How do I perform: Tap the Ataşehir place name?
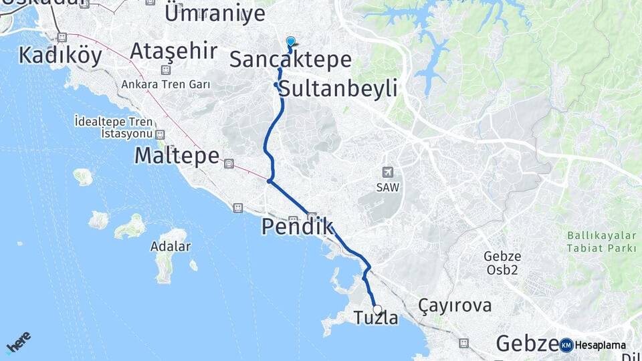(x=174, y=50)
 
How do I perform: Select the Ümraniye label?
(x=215, y=13)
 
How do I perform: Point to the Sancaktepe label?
(x=290, y=59)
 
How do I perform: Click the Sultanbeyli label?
(x=338, y=88)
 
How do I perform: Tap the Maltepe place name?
(x=177, y=156)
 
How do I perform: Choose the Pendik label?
(x=297, y=227)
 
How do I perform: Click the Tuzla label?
(x=377, y=319)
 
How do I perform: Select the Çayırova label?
(x=455, y=306)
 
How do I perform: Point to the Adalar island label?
(x=171, y=246)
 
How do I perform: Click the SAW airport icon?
(x=387, y=172)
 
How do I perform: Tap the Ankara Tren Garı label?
(x=166, y=85)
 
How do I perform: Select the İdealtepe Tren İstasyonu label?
(x=114, y=127)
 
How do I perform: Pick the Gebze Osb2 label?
(x=503, y=263)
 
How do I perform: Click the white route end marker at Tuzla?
(x=378, y=310)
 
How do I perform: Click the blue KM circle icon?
(x=566, y=345)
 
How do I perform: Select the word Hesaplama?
(x=600, y=346)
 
